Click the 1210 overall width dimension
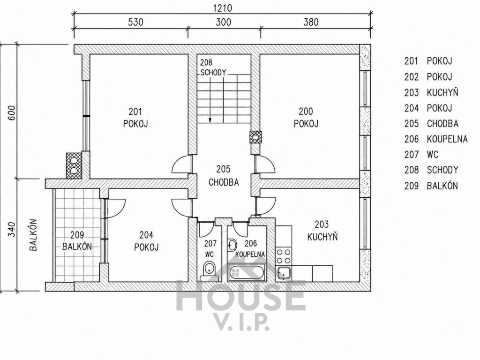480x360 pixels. pyautogui.click(x=223, y=8)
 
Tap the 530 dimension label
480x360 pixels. pyautogui.click(x=135, y=22)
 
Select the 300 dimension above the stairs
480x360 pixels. pyautogui.click(x=224, y=22)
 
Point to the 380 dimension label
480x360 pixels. pyautogui.click(x=311, y=22)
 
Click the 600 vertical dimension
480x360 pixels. pyautogui.click(x=11, y=113)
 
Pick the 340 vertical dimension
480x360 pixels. pyautogui.click(x=11, y=229)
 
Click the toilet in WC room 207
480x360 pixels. pyautogui.click(x=209, y=270)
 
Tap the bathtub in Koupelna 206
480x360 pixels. pyautogui.click(x=247, y=272)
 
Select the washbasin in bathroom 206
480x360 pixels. pyautogui.click(x=232, y=244)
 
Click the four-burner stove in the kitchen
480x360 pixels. pyautogui.click(x=284, y=256)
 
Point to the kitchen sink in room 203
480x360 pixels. pyautogui.click(x=284, y=273)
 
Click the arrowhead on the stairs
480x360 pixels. pyautogui.click(x=210, y=120)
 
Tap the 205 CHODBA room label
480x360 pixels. pyautogui.click(x=224, y=176)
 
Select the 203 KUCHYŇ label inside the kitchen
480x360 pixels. pyautogui.click(x=322, y=231)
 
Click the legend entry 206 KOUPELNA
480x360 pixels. pyautogui.click(x=436, y=139)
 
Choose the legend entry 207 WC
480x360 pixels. pyautogui.click(x=421, y=155)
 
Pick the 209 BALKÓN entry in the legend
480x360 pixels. pyautogui.click(x=431, y=186)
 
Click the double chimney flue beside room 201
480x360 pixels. pyautogui.click(x=74, y=165)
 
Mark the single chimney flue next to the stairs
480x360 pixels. pyautogui.click(x=256, y=137)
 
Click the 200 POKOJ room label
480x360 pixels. pyautogui.click(x=306, y=117)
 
